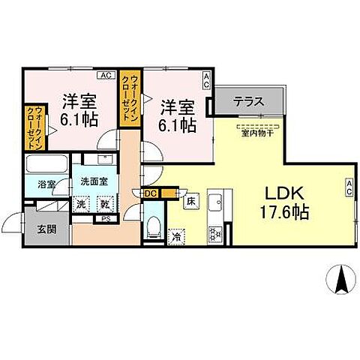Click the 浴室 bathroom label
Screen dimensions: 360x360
click(x=37, y=184)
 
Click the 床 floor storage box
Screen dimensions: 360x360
click(x=191, y=200)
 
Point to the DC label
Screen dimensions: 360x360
click(x=150, y=193)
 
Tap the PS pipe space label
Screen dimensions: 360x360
click(x=106, y=219)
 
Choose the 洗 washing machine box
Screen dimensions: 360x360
click(x=80, y=203)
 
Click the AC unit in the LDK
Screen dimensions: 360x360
click(x=349, y=187)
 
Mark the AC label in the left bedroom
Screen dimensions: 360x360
click(x=106, y=75)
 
